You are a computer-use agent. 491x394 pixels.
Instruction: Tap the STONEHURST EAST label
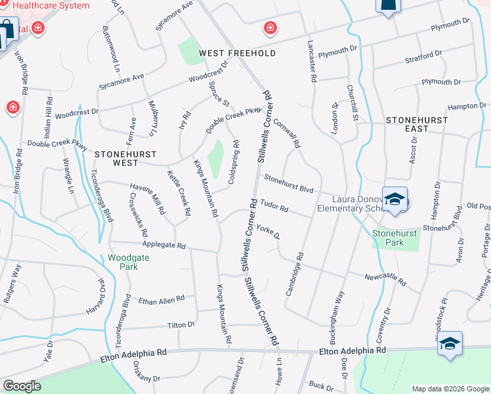point(417,124)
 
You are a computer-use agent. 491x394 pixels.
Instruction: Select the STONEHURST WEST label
point(125,158)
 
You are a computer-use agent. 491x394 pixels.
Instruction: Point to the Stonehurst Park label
point(396,237)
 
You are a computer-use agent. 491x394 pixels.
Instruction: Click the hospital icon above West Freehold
point(270,27)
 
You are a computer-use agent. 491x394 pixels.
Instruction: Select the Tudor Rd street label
point(274,206)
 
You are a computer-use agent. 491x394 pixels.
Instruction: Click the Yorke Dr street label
point(268,231)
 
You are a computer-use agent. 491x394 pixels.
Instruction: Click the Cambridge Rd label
point(294,274)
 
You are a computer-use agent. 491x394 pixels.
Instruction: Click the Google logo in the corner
point(22,386)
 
